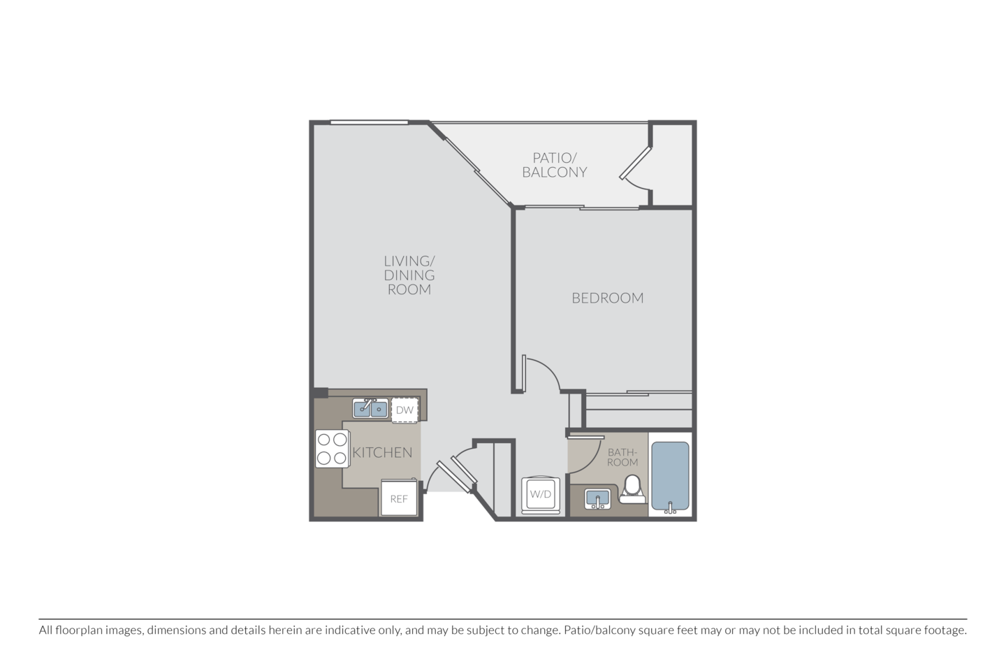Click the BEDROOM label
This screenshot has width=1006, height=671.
point(607,298)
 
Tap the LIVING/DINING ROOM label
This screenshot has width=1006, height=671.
point(409,275)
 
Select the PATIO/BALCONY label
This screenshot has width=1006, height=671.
point(555,165)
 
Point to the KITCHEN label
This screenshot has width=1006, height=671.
point(382,452)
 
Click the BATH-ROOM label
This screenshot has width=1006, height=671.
point(622,457)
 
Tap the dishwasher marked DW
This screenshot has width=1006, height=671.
point(404,410)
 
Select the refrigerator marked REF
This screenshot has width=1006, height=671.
point(398,498)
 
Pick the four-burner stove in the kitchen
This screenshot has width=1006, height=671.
point(332,449)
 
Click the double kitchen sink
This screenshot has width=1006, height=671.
point(370,408)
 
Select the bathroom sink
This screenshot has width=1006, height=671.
point(597,498)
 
